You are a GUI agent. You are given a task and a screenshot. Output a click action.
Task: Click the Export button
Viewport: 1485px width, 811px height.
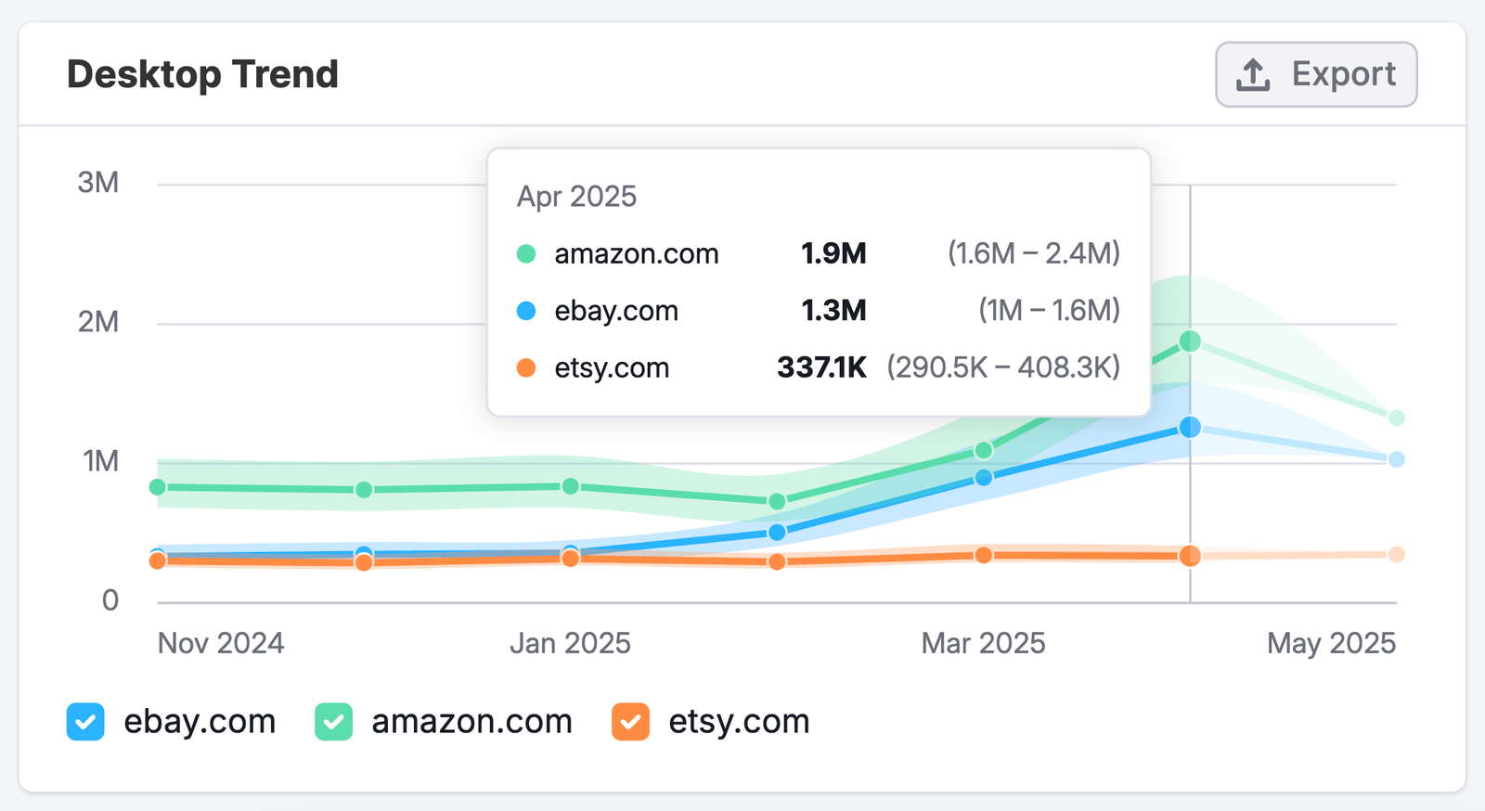(x=1316, y=74)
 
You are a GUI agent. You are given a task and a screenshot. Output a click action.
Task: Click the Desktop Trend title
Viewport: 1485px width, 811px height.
(x=202, y=74)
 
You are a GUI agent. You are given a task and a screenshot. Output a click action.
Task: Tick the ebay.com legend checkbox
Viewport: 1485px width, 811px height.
(x=85, y=722)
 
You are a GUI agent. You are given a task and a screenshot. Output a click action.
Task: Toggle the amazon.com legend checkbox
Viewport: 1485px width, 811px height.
(x=333, y=722)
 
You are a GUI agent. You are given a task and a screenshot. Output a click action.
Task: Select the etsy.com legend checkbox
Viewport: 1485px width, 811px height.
(x=630, y=722)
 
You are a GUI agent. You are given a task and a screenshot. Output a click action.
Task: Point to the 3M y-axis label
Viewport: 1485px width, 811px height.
(x=98, y=183)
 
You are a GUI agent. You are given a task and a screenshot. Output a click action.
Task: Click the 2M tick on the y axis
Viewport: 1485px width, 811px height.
(x=98, y=322)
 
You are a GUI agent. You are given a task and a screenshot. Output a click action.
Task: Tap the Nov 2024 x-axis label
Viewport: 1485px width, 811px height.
(x=221, y=643)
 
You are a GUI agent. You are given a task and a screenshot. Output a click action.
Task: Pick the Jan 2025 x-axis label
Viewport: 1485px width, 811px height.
(x=570, y=643)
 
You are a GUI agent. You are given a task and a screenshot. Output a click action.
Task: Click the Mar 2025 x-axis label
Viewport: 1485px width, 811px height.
(x=983, y=643)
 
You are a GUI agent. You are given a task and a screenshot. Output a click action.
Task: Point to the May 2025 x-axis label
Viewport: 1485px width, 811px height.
(x=1331, y=643)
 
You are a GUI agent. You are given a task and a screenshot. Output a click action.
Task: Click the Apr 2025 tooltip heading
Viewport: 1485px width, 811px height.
(x=576, y=197)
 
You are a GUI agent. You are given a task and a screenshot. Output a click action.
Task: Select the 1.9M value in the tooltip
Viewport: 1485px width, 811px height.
(x=833, y=253)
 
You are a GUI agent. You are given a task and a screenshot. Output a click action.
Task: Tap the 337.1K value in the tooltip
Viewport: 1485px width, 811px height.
(x=821, y=367)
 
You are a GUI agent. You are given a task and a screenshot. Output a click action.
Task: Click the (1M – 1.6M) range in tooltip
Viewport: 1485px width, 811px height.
(x=1049, y=310)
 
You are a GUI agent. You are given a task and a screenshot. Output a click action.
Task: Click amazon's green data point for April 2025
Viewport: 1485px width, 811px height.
(x=1190, y=341)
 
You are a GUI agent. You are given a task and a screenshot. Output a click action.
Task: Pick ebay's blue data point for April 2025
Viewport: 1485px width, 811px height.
(x=1190, y=427)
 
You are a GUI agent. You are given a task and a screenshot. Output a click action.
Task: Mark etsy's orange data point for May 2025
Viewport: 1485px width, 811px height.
(x=1396, y=555)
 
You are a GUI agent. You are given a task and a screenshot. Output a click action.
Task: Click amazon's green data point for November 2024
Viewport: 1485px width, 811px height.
(x=158, y=487)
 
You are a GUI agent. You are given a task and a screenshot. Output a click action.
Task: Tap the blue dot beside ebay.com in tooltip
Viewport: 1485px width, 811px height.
(x=526, y=311)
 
